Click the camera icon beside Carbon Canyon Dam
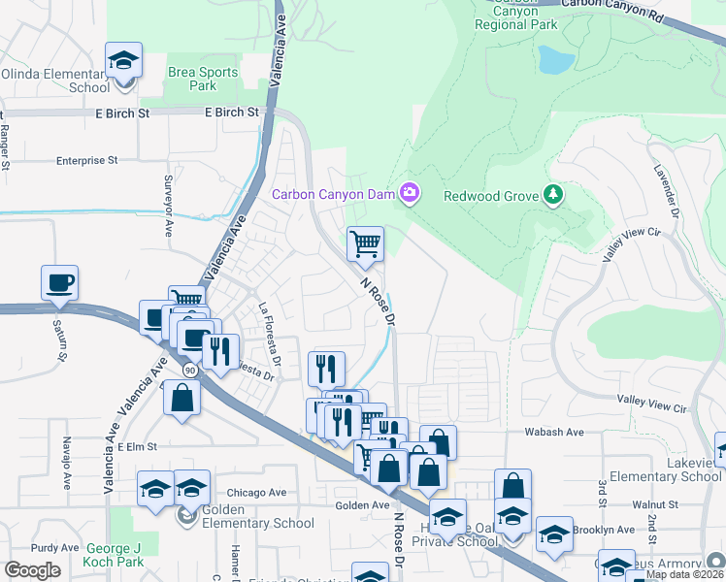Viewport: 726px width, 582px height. pos(410,195)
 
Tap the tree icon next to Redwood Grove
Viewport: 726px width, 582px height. pos(553,195)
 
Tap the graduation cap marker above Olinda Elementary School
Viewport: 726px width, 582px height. pos(124,61)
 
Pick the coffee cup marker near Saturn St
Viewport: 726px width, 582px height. pos(59,282)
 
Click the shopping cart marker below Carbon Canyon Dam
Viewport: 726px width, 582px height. pos(365,243)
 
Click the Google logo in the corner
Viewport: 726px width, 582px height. pos(32,569)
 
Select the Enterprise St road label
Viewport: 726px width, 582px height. pos(86,160)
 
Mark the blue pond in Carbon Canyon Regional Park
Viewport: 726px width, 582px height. pos(556,60)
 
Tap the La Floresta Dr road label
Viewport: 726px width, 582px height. pos(269,335)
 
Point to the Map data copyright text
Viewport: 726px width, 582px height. pos(684,574)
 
